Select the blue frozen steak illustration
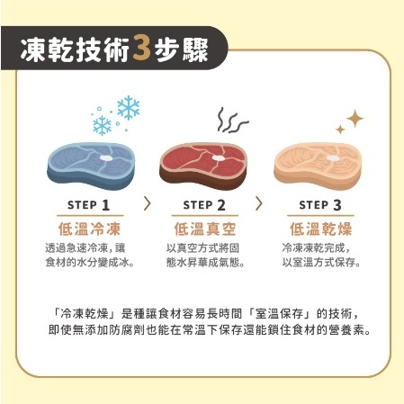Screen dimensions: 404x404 (90, 163)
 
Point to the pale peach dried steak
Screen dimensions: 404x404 (314, 163)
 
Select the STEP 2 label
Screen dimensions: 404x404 (203, 204)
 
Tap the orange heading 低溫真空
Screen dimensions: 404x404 (203, 227)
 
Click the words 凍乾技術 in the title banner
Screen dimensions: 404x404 (77, 51)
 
